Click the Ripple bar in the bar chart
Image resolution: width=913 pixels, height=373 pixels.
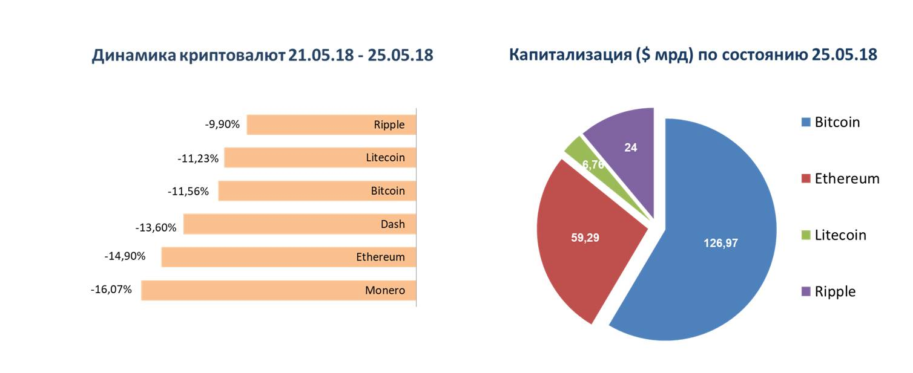click(x=331, y=125)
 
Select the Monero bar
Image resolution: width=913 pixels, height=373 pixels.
click(x=279, y=290)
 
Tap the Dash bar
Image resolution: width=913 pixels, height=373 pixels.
click(x=300, y=224)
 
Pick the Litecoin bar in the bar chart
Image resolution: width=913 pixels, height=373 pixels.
click(x=320, y=158)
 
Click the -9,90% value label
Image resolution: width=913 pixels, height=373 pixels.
click(x=222, y=124)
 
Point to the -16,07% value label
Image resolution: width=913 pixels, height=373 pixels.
click(x=111, y=290)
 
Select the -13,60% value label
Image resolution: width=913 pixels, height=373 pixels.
click(x=156, y=227)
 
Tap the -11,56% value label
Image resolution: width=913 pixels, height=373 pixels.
click(x=188, y=191)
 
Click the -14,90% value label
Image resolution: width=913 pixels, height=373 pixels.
click(x=125, y=256)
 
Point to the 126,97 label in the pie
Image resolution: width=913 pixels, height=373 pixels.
click(x=720, y=243)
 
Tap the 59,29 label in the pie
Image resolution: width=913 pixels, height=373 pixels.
click(x=585, y=238)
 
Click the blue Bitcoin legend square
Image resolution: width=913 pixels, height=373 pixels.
click(x=806, y=122)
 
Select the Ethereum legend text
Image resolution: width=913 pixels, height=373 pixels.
click(x=847, y=179)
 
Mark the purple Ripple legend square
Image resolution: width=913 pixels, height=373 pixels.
click(x=806, y=291)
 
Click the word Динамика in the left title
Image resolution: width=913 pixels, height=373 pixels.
click(x=134, y=56)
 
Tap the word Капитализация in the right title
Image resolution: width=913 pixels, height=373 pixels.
click(x=570, y=55)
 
